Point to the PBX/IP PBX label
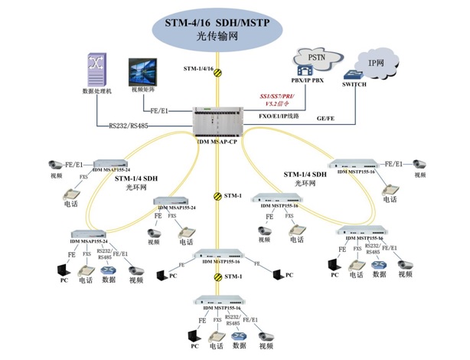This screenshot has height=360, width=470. (308, 80)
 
